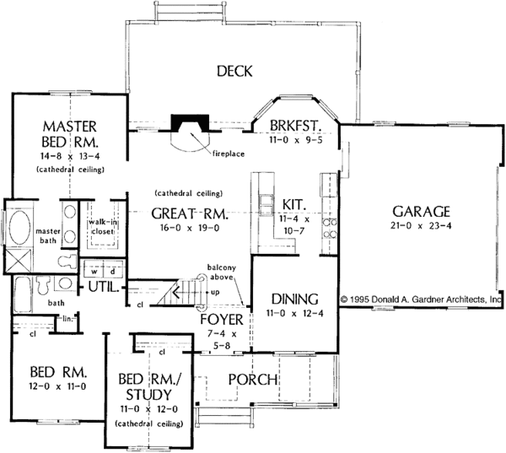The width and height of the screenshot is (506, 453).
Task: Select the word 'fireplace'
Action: pyautogui.click(x=229, y=154)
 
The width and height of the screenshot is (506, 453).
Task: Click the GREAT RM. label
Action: pyautogui.click(x=188, y=213)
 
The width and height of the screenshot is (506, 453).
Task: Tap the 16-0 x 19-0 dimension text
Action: pyautogui.click(x=187, y=229)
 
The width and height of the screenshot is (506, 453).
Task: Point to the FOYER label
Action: pyautogui.click(x=222, y=321)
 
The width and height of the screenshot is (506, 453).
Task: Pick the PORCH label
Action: pyautogui.click(x=253, y=380)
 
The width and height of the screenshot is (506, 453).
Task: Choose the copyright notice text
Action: pyautogui.click(x=422, y=299)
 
